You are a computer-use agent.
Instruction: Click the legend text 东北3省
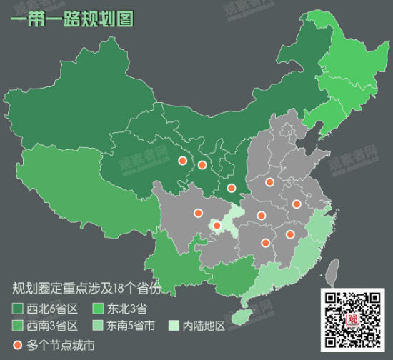(128, 309)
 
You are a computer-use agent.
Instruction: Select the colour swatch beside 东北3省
(99, 309)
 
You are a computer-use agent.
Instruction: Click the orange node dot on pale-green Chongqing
(217, 226)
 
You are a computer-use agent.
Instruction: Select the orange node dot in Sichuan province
(198, 212)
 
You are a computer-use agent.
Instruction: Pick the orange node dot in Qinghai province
(181, 161)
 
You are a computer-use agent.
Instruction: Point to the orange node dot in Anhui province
(296, 204)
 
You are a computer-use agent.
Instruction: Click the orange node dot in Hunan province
(265, 243)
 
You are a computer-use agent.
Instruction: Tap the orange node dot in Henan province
(269, 182)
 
